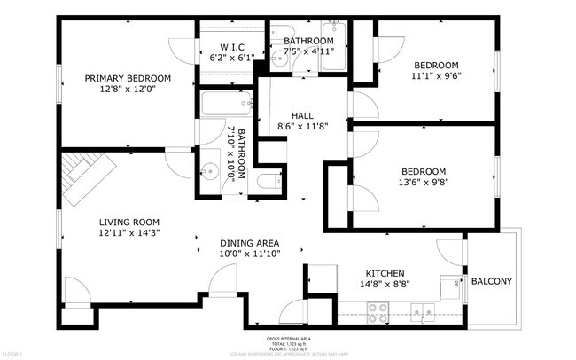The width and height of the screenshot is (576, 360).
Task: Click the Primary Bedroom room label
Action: pyautogui.click(x=128, y=78)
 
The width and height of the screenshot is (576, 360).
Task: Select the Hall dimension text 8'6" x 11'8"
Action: pyautogui.click(x=302, y=127)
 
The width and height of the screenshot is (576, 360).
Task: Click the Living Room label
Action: pyautogui.click(x=128, y=222)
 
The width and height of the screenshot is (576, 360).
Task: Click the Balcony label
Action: pyautogui.click(x=491, y=281)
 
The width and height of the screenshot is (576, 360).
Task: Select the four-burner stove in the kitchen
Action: pyautogui.click(x=379, y=310)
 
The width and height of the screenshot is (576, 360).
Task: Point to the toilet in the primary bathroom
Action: pyautogui.click(x=267, y=183)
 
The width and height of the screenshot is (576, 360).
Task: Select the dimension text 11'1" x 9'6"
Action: pyautogui.click(x=437, y=76)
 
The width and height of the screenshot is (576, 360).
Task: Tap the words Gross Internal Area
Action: pyautogui.click(x=288, y=339)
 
